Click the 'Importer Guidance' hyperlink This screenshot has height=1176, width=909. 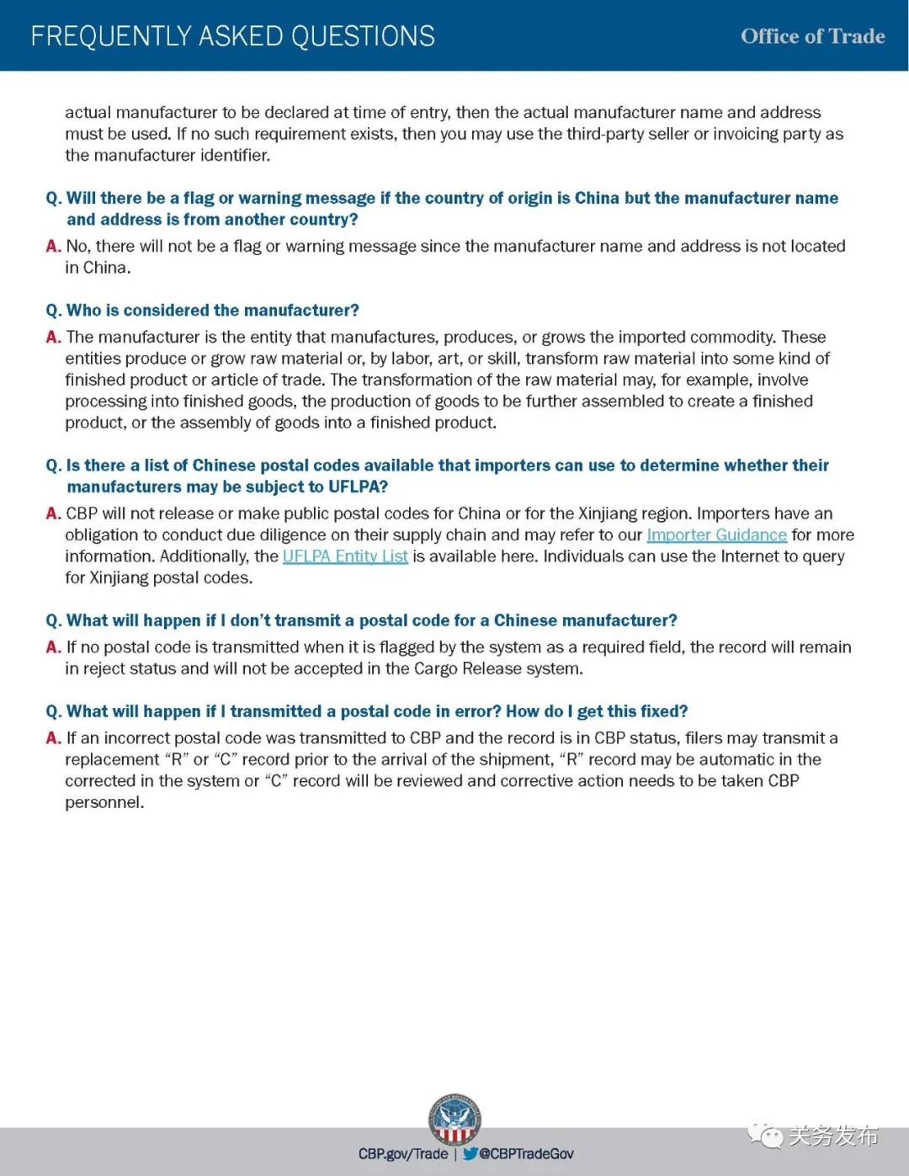[x=716, y=535]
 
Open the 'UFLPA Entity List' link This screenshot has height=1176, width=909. [x=345, y=556]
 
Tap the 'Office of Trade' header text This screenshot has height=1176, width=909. [x=812, y=36]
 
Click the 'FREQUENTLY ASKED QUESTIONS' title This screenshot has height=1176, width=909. [x=232, y=36]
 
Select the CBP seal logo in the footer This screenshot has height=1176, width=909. [x=454, y=1119]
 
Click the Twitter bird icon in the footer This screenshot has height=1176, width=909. [x=470, y=1153]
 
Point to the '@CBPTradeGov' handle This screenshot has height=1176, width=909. [x=527, y=1153]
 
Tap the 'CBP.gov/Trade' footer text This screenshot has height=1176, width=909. [x=403, y=1153]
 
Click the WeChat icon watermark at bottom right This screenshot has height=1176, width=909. [x=764, y=1136]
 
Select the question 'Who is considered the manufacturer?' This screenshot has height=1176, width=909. [x=212, y=310]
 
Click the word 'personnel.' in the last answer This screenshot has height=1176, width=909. [x=104, y=802]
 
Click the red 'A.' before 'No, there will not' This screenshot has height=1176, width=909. [x=53, y=246]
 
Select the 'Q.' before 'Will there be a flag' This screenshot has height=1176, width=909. [x=53, y=198]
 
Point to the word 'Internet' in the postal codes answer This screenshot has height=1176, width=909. [x=659, y=556]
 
